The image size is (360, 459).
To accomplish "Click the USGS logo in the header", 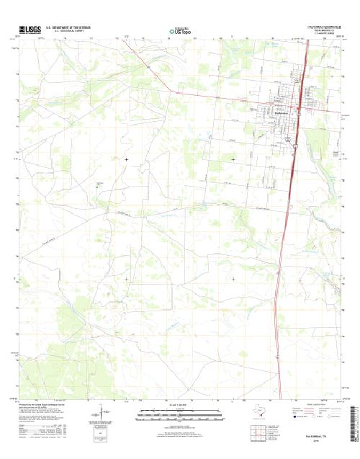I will click(28, 30).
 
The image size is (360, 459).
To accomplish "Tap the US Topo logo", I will click(180, 32).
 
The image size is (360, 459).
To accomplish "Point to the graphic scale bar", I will click(180, 414).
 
